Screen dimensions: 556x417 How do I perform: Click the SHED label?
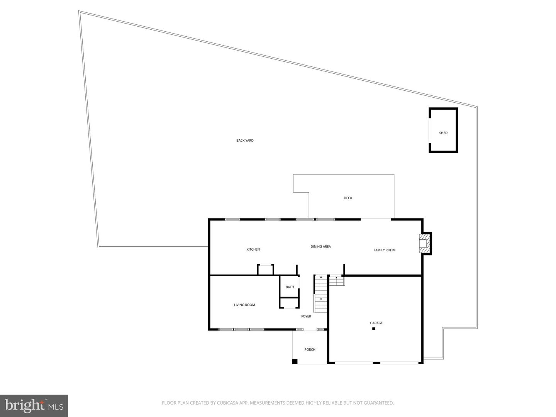(x=443, y=133)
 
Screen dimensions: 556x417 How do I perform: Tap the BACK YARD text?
(x=245, y=141)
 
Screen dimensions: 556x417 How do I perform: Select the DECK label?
(x=348, y=198)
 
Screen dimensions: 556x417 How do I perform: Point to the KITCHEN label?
(x=253, y=249)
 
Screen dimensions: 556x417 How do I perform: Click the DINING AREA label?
(x=320, y=246)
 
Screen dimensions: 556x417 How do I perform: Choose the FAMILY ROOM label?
(x=384, y=250)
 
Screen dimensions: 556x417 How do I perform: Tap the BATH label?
(x=290, y=287)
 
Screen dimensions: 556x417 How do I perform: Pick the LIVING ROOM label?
(x=244, y=305)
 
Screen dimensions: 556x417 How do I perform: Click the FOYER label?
(x=306, y=316)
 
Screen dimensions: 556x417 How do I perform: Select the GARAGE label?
(x=376, y=323)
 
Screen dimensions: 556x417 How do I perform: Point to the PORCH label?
(x=310, y=349)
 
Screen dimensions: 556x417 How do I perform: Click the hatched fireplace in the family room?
(x=425, y=243)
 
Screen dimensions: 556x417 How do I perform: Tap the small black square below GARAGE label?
(x=374, y=329)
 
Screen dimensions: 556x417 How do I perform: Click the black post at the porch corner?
(x=295, y=361)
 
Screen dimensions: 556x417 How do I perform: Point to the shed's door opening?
(x=429, y=131)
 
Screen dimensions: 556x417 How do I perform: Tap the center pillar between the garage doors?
(x=376, y=363)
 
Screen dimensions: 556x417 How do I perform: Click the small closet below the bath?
(x=290, y=303)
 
